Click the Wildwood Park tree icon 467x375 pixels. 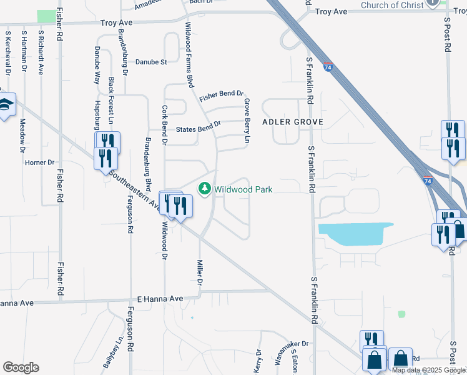(204, 188)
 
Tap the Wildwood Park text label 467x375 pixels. (243, 189)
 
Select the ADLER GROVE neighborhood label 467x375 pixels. (293, 122)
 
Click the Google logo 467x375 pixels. (21, 367)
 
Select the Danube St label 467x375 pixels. (151, 62)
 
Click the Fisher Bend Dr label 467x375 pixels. (221, 96)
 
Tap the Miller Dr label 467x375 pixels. (200, 274)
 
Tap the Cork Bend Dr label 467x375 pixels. (165, 126)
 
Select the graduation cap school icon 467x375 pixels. (6, 105)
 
